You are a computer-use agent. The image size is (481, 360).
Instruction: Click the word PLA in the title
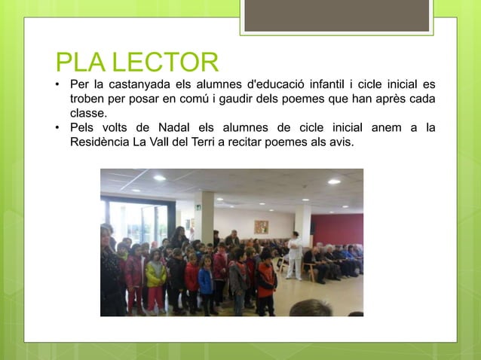tap(78, 62)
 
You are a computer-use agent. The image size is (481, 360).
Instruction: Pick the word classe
tap(88, 113)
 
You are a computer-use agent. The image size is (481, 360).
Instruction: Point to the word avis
tap(339, 142)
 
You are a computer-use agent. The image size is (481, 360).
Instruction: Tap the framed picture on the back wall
tap(261, 227)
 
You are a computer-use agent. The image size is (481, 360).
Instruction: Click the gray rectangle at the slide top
tap(337, 15)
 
